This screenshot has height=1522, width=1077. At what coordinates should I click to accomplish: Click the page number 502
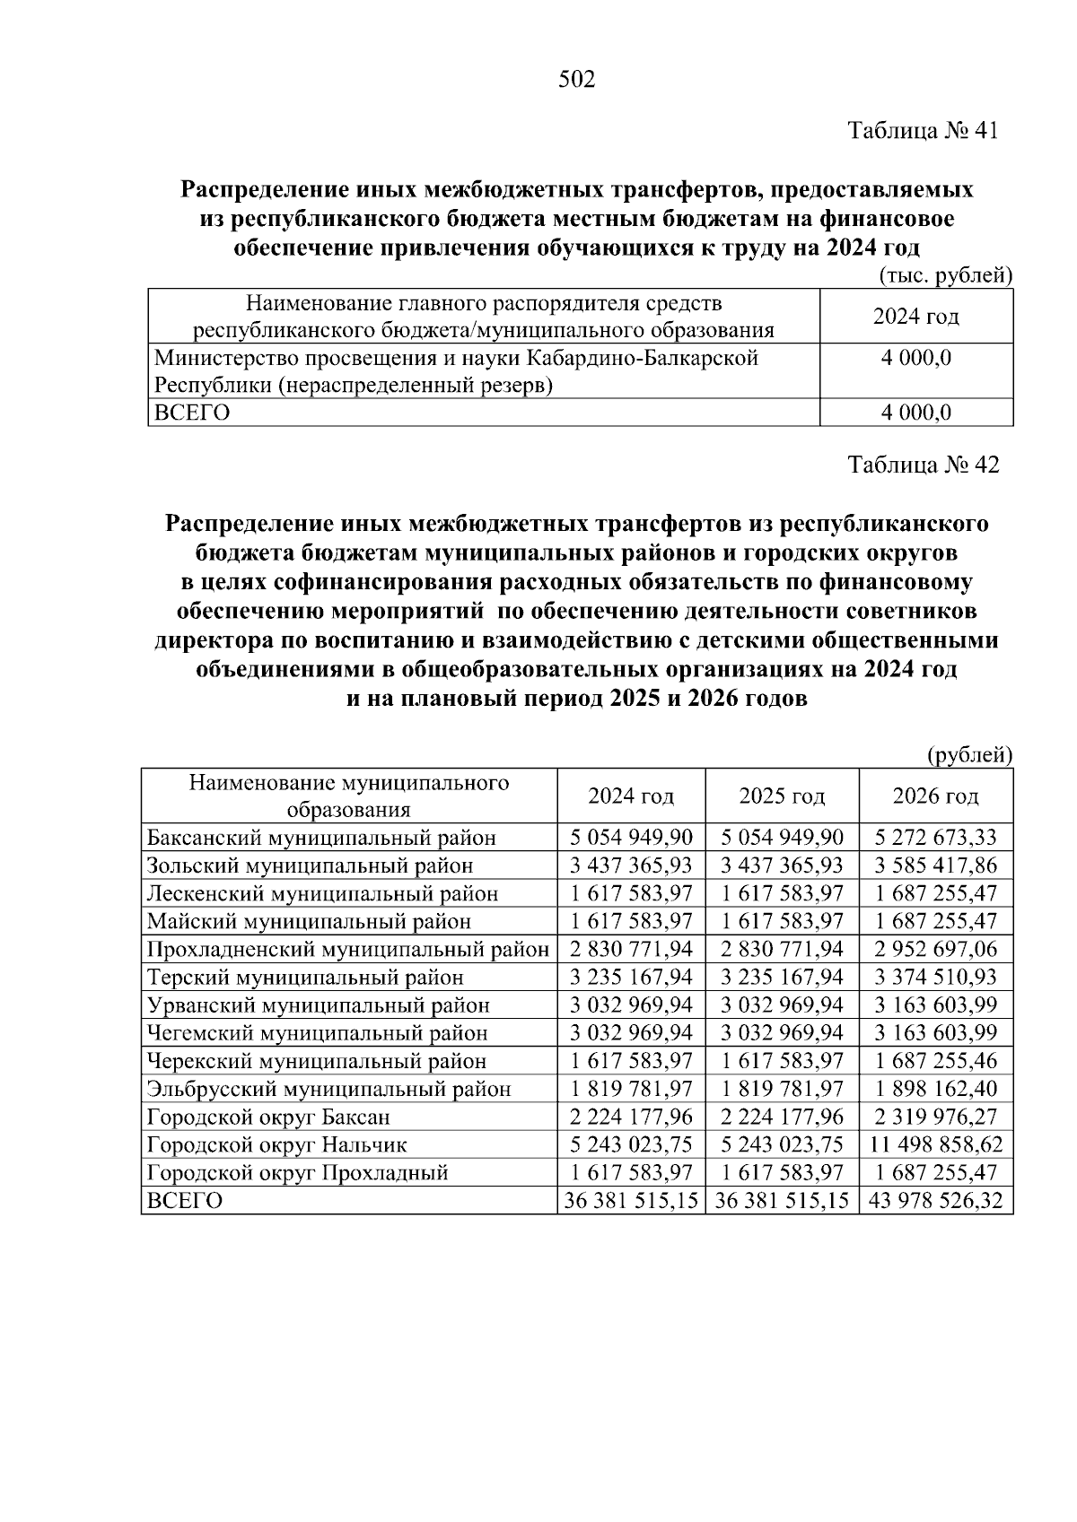[x=576, y=80]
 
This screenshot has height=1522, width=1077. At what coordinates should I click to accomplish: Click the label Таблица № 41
[x=923, y=131]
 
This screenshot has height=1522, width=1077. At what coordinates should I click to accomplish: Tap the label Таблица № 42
[x=923, y=465]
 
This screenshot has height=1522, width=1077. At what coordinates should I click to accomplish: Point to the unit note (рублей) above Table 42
[x=968, y=755]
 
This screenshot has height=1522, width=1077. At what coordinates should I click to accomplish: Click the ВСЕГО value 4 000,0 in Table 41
[x=915, y=413]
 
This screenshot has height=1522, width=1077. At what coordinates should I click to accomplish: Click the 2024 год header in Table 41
[x=915, y=316]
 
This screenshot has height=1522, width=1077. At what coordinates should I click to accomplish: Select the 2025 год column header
[x=782, y=796]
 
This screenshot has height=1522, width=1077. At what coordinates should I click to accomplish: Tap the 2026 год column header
[x=935, y=796]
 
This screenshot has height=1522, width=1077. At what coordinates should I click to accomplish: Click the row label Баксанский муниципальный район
[x=321, y=838]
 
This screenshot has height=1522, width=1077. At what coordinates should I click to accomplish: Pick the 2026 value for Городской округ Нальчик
[x=935, y=1144]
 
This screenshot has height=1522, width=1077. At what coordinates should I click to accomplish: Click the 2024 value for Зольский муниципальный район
[x=631, y=865]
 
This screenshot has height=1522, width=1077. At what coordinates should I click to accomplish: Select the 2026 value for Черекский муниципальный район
[x=935, y=1061]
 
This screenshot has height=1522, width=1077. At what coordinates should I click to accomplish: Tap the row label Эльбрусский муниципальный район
[x=328, y=1089]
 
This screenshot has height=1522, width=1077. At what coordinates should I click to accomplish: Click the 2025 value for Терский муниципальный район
[x=782, y=977]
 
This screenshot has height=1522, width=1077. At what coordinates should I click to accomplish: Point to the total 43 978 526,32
[x=935, y=1200]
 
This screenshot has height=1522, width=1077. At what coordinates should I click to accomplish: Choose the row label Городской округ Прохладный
[x=297, y=1172]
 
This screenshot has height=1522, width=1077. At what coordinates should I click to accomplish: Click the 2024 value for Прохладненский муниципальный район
[x=631, y=949]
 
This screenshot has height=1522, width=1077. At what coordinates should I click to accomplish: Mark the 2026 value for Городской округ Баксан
[x=935, y=1117]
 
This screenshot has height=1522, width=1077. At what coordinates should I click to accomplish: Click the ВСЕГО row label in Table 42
[x=184, y=1200]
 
